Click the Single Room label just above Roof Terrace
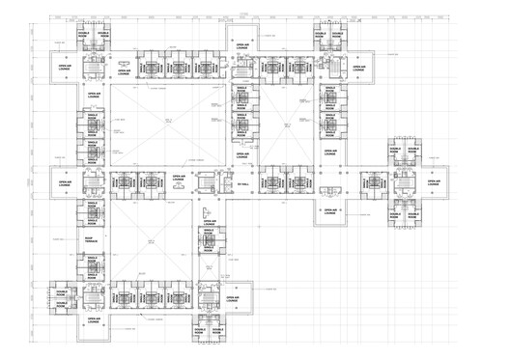(94, 219)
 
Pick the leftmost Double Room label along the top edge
(84, 34)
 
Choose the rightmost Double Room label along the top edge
(337, 34)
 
